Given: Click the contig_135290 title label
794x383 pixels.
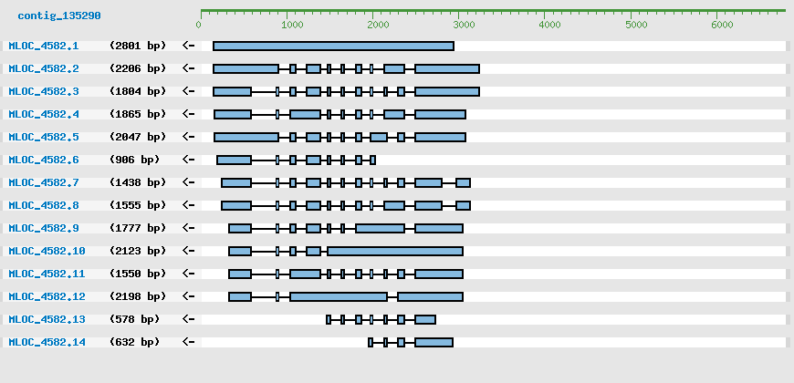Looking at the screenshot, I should point(59,16).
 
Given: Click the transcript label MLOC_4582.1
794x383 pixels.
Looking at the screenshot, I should point(44,46).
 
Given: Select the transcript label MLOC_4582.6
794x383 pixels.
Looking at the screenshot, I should point(44,160).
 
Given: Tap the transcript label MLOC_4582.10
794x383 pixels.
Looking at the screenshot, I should point(47,251).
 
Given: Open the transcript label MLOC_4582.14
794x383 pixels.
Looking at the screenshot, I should point(47,342).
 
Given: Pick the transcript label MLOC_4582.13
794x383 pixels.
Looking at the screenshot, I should point(47,319).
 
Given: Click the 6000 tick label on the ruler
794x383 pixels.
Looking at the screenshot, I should point(721,25).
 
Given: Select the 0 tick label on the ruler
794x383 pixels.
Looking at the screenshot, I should point(198,25).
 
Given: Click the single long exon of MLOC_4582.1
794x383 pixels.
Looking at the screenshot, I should point(333,46).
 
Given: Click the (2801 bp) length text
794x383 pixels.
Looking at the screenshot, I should point(138,46).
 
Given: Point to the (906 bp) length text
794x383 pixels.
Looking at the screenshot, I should point(134,160).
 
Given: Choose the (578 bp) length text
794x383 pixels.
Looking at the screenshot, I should point(134,319).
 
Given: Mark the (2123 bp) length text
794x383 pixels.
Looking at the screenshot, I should point(138,251).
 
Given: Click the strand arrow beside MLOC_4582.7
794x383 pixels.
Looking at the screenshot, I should point(189,182).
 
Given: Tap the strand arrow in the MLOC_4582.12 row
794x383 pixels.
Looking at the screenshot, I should point(189,296).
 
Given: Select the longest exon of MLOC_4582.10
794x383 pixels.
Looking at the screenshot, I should point(395,251).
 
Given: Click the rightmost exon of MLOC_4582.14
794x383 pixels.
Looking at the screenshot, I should point(434,342).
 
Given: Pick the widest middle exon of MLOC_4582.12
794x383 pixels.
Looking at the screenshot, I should point(339,296).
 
